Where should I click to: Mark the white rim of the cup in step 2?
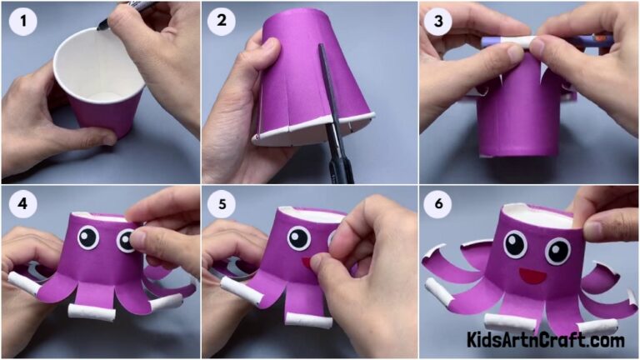[312, 129]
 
